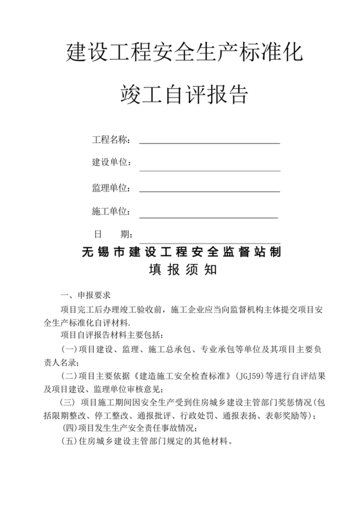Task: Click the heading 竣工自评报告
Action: pos(184,96)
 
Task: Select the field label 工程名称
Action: pos(111,139)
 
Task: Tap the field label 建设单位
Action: pos(111,163)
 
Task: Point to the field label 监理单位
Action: pos(111,188)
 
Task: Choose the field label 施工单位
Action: pos(111,211)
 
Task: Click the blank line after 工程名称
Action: pos(209,142)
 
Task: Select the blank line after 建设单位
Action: pos(209,170)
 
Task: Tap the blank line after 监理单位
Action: pos(209,191)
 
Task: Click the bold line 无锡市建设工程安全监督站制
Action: pos(182,251)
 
